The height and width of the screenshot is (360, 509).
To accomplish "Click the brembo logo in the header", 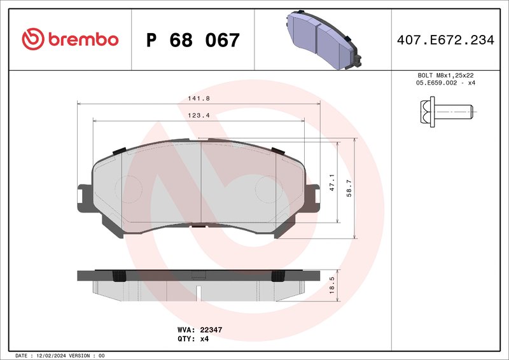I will point(70,39).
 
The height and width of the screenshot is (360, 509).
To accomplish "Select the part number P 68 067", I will point(193,41).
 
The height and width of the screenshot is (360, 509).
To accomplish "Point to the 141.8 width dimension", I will point(199,98).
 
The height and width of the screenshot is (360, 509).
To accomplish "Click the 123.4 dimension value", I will point(199,115).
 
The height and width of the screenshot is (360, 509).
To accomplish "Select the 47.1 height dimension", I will point(331,183).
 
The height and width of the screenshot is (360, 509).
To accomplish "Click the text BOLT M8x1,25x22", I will point(445,75).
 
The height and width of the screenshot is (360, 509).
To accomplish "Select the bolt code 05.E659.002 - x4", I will point(445,83).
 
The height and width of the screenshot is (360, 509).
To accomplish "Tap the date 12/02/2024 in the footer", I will point(52,355).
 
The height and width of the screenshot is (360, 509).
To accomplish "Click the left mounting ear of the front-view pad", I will point(85,198).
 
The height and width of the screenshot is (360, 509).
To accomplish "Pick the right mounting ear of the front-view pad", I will point(312,198).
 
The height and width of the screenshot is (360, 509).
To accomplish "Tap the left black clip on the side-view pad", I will point(118,275).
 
